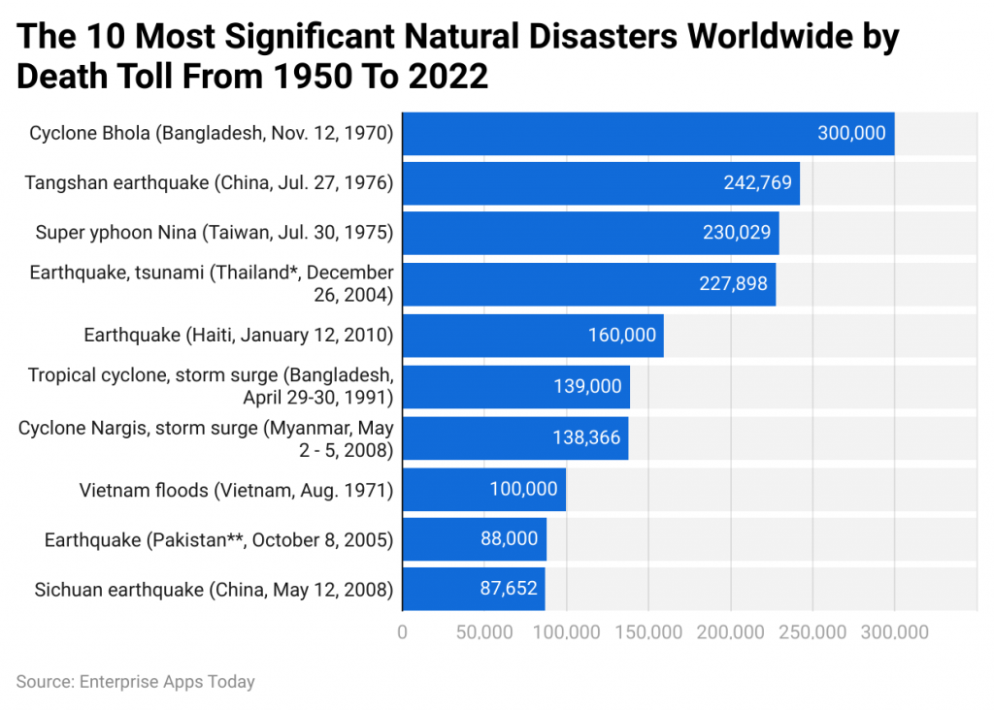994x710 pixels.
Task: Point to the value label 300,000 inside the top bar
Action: pos(851,133)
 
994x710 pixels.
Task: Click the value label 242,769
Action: pos(757,183)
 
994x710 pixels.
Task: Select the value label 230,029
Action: pos(737,233)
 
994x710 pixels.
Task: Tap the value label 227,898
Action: pos(733,283)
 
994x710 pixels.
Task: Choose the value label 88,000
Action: pos(509,539)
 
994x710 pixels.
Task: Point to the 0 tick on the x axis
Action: pos(402,632)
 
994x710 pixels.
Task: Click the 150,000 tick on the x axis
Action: pos(647,632)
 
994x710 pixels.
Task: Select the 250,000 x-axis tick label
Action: pos(812,632)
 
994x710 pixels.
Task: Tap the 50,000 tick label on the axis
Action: pos(483,632)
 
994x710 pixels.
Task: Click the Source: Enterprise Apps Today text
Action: pos(135,682)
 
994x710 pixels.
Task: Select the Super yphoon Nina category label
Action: pos(214,233)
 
